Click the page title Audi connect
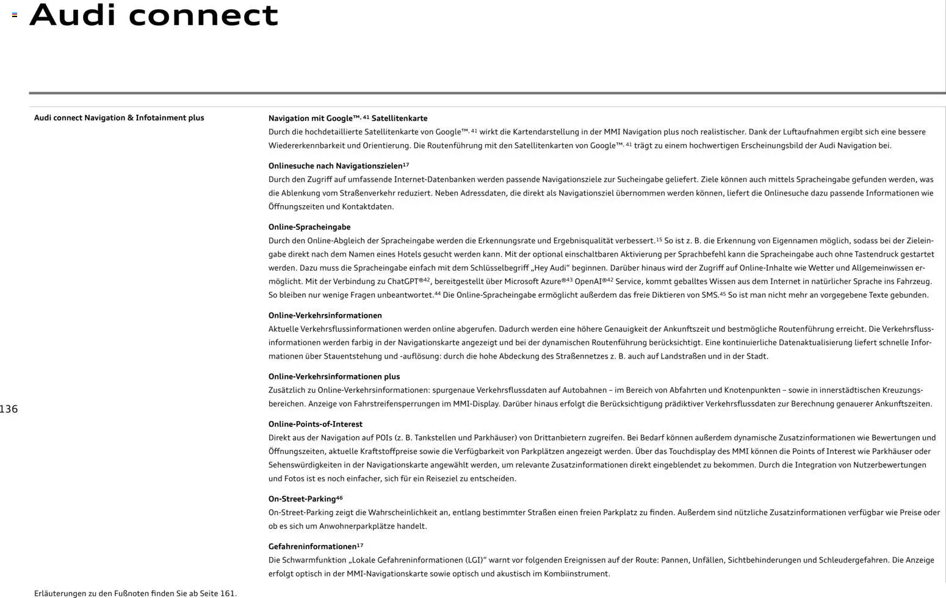pos(154,15)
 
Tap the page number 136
pos(9,409)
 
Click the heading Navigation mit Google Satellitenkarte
pos(347,119)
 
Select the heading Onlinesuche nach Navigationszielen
pos(338,166)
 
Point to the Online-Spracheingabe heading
pos(309,227)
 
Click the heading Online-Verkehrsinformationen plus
pos(334,377)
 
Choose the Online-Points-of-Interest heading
pos(315,425)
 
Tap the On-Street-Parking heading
pos(305,499)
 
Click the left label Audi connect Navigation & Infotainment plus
pos(119,118)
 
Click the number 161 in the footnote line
pos(227,594)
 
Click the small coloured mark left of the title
pos(15,15)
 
